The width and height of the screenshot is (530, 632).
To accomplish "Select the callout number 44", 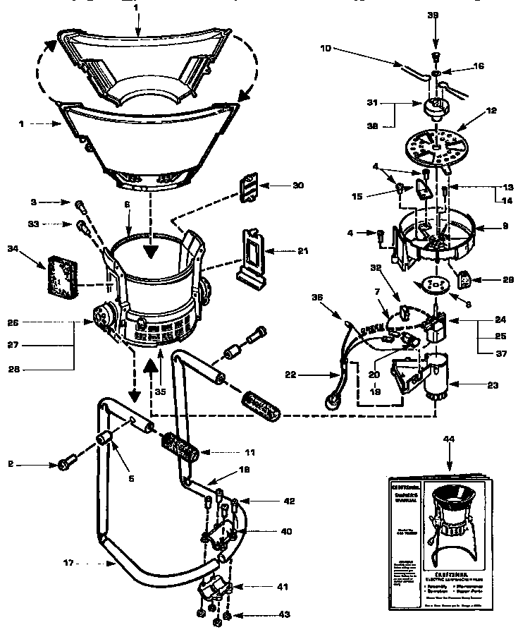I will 449,439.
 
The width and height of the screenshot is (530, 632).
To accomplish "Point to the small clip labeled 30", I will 249,186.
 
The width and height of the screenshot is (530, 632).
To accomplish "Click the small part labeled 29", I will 466,279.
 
